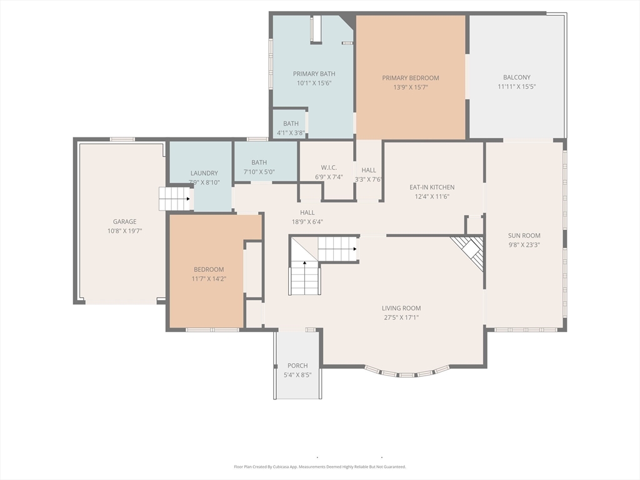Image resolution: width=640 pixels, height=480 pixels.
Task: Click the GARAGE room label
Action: click(x=124, y=222)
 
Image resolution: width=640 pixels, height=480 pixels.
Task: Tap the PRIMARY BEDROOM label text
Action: click(x=411, y=78)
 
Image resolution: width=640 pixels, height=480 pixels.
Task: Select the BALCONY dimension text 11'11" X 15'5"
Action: click(x=517, y=86)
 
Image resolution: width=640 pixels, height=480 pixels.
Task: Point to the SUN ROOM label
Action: click(x=524, y=236)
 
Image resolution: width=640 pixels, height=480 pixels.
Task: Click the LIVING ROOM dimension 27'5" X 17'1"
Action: click(x=401, y=317)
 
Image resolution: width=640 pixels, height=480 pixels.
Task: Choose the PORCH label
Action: click(x=297, y=366)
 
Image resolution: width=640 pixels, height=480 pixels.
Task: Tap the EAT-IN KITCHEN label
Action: click(x=432, y=187)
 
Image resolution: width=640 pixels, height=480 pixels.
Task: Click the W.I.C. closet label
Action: click(x=329, y=167)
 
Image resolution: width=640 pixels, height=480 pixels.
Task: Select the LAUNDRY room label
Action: click(x=204, y=173)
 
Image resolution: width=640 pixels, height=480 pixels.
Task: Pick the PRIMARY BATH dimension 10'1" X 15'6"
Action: click(x=314, y=83)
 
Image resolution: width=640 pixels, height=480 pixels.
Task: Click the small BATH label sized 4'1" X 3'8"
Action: click(x=291, y=123)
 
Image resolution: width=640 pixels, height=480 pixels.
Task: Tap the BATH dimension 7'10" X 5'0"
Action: click(x=259, y=172)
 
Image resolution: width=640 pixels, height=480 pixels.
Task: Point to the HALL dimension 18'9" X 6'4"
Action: click(x=307, y=222)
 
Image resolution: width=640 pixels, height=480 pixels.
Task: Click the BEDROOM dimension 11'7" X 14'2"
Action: click(x=209, y=279)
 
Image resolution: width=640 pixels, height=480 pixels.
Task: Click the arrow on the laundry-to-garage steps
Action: click(x=188, y=199)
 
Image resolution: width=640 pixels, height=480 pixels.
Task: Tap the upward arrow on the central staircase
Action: click(x=304, y=263)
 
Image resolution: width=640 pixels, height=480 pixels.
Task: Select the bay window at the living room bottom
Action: click(x=407, y=372)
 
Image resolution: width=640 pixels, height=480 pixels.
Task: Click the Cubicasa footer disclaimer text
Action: click(x=320, y=466)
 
